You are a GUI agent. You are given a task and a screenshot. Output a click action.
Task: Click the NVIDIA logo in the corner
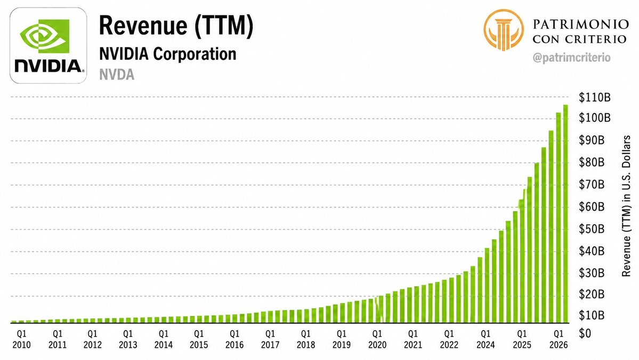point(48,46)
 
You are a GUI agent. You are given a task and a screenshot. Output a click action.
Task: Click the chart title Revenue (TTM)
point(176,26)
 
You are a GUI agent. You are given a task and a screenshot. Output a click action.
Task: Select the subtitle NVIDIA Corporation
point(167,54)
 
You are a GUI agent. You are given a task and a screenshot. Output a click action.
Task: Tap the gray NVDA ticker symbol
point(117,75)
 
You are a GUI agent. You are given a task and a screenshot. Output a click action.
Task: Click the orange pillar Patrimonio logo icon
point(504,30)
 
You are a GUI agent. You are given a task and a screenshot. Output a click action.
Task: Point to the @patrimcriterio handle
point(571,58)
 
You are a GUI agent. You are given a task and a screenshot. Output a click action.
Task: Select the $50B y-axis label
point(592,229)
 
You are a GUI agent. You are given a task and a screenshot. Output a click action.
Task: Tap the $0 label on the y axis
point(585,333)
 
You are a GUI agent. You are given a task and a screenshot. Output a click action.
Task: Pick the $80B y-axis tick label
point(592,162)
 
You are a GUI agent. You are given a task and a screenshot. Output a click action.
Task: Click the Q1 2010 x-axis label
point(22,339)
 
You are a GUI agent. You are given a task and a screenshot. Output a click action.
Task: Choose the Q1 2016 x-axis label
point(234,339)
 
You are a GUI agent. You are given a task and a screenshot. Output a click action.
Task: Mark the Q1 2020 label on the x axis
point(377,339)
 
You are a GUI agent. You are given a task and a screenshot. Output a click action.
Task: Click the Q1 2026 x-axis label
point(559,339)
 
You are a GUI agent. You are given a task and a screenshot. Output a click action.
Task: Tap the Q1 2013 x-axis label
point(128,339)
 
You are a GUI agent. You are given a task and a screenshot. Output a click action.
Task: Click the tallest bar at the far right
point(565,214)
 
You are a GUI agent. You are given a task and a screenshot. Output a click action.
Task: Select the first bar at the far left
point(14,322)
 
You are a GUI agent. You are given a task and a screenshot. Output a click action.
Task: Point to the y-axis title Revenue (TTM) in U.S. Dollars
point(626,206)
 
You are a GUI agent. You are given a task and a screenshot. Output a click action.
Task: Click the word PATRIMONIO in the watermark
point(580,24)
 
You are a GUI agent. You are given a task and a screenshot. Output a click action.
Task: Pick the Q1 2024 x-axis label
point(486,339)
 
